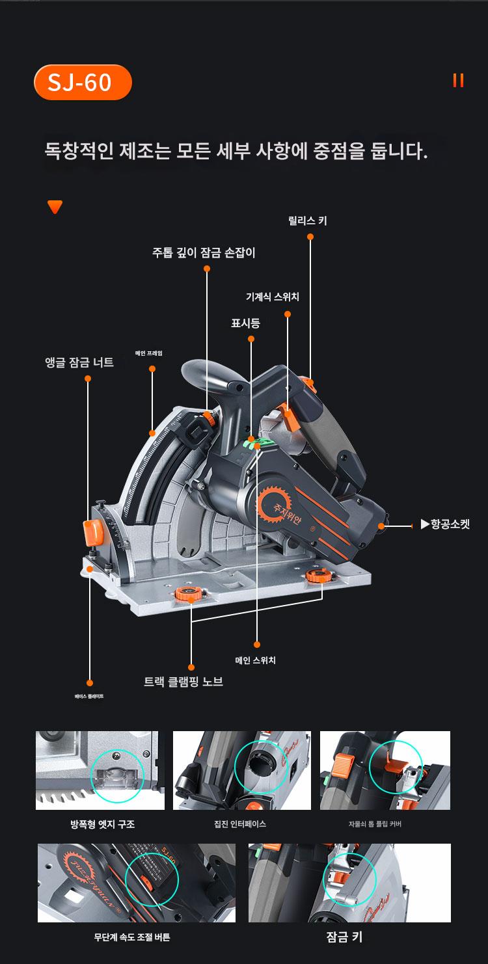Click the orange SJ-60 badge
pos(83,83)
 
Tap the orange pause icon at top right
pos(458,81)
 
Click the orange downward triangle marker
pos(55,207)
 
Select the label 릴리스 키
pos(308,221)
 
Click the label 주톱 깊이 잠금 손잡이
pos(204,252)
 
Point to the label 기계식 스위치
pos(273,297)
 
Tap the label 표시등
pos(245,322)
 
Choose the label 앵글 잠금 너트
pos(79,362)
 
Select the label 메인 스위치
pos(255,660)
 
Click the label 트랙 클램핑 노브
pos(183,682)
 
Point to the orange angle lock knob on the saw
pos(93,531)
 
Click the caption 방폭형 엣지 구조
pos(103,824)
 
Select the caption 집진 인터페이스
pos(240,824)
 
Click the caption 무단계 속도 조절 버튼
pos(132,937)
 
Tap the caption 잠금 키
pos(344,937)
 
